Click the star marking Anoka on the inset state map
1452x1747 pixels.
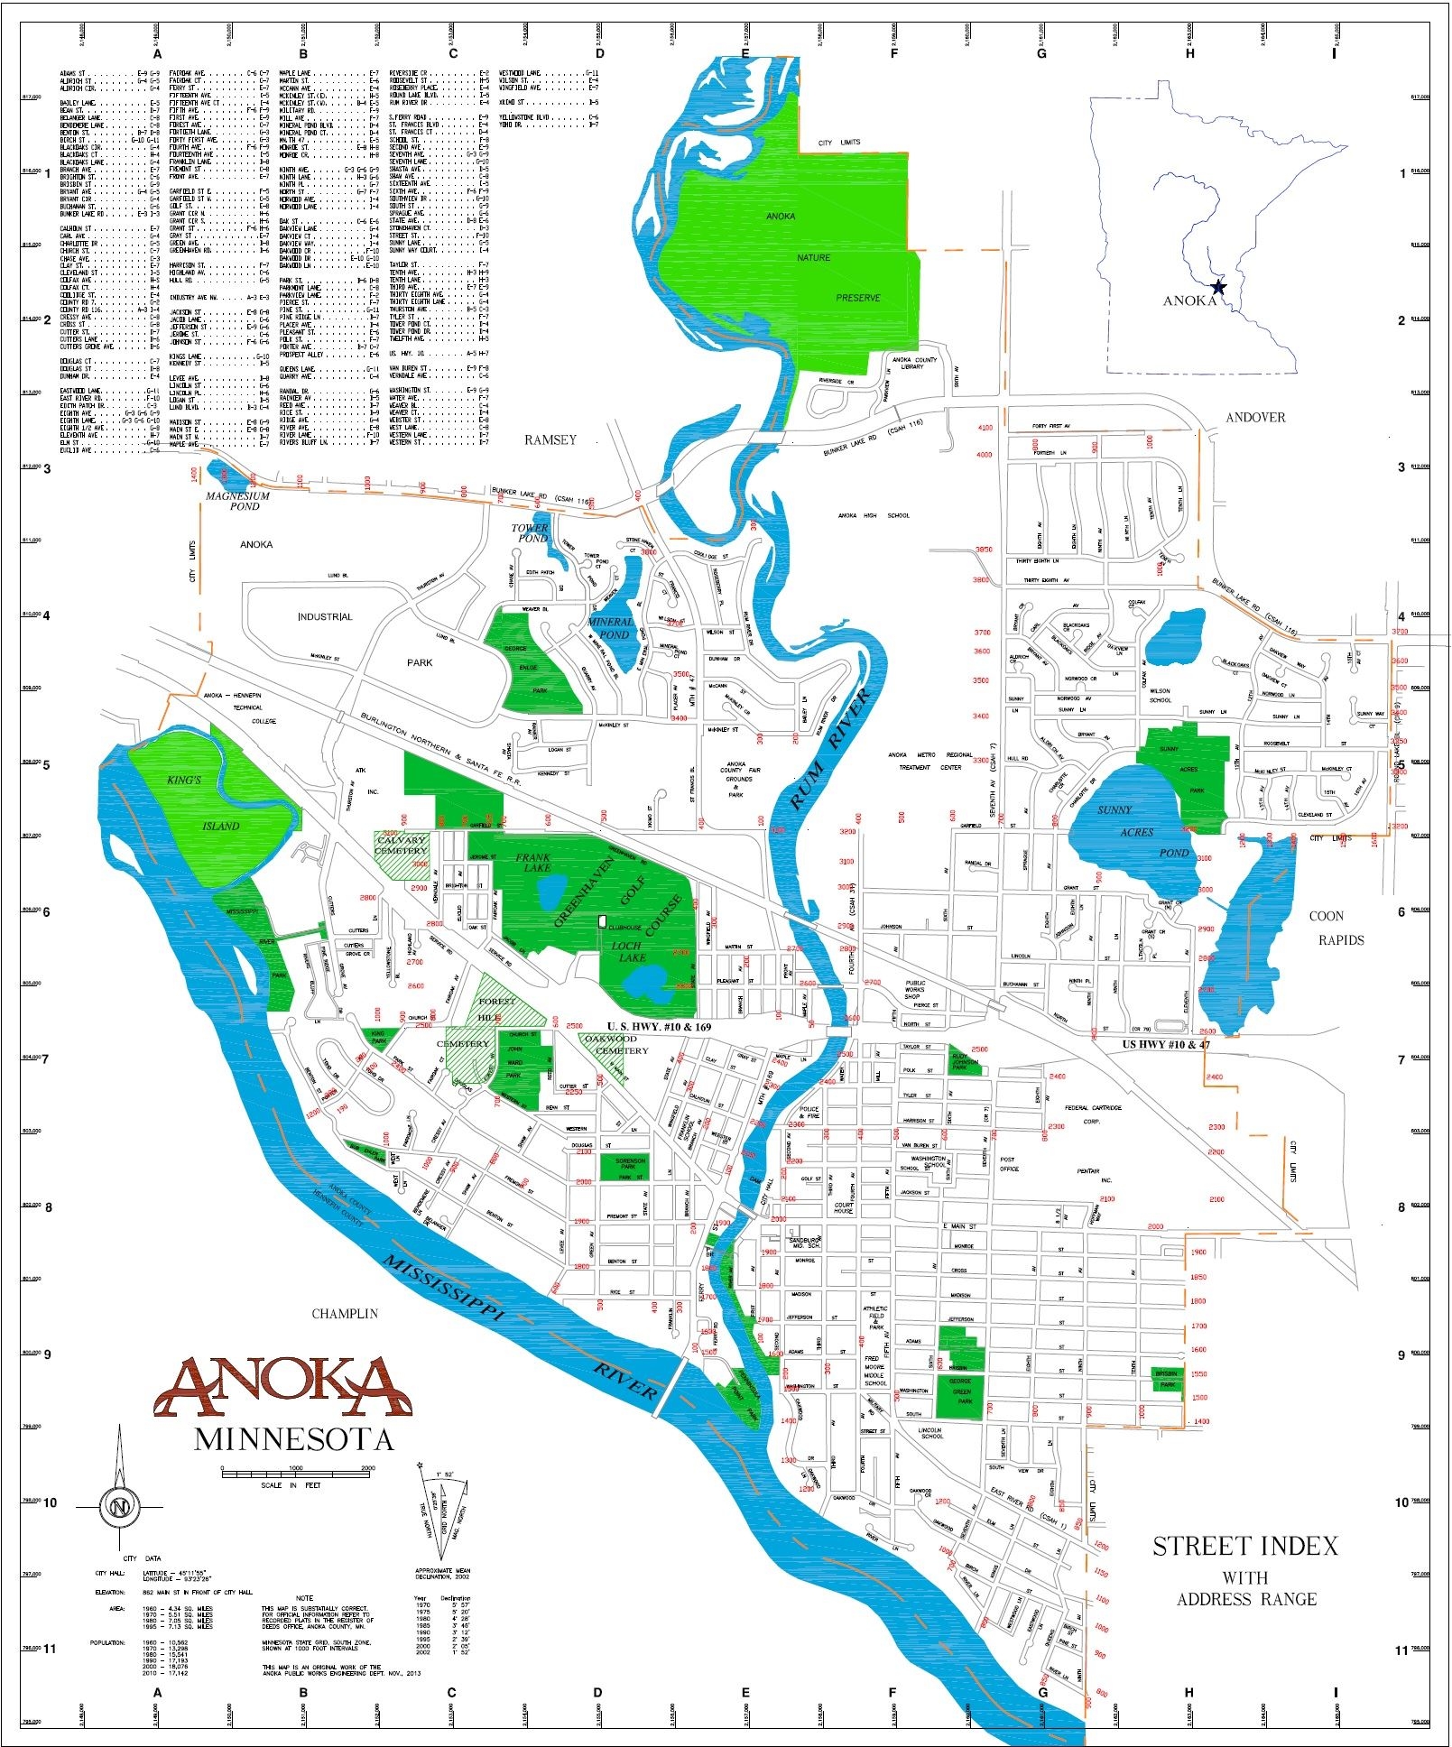tap(1218, 287)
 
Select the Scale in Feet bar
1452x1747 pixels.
tap(298, 1471)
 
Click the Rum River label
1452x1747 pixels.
tap(831, 748)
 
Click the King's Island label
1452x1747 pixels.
tap(200, 803)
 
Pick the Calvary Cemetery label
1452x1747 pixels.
tap(402, 846)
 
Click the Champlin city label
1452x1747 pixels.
tap(345, 1314)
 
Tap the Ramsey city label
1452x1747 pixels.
tap(550, 439)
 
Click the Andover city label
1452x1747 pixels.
tap(1255, 417)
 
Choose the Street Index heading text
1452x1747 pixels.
tap(1245, 1547)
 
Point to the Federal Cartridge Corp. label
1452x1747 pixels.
tap(1094, 1114)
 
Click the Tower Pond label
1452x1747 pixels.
tap(531, 532)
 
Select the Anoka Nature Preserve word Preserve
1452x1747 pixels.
tap(858, 298)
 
